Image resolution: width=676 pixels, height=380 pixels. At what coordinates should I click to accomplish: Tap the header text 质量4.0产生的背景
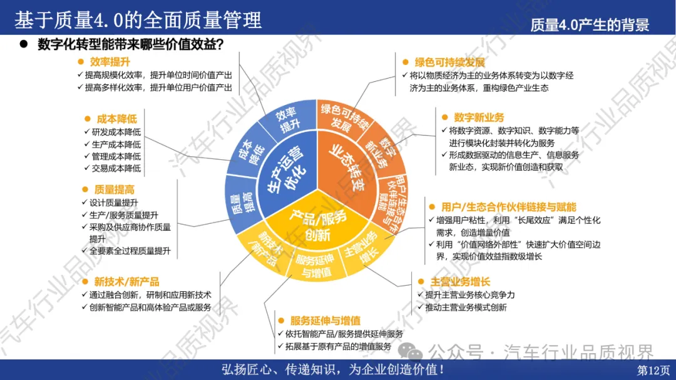[x=589, y=24]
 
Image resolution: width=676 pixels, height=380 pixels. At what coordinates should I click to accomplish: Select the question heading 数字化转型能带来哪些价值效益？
[x=131, y=44]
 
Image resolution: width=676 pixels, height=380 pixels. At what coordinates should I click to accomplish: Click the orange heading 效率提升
[x=110, y=61]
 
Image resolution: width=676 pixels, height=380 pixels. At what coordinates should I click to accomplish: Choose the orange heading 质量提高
[x=115, y=189]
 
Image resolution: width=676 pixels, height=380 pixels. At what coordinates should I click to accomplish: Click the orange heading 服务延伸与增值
[x=325, y=320]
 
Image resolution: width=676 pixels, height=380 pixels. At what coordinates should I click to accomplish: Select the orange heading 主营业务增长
[x=459, y=281]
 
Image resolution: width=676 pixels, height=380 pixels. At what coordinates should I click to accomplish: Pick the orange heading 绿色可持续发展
[x=449, y=62]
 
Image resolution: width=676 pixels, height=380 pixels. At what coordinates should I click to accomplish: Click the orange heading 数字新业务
[x=479, y=117]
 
